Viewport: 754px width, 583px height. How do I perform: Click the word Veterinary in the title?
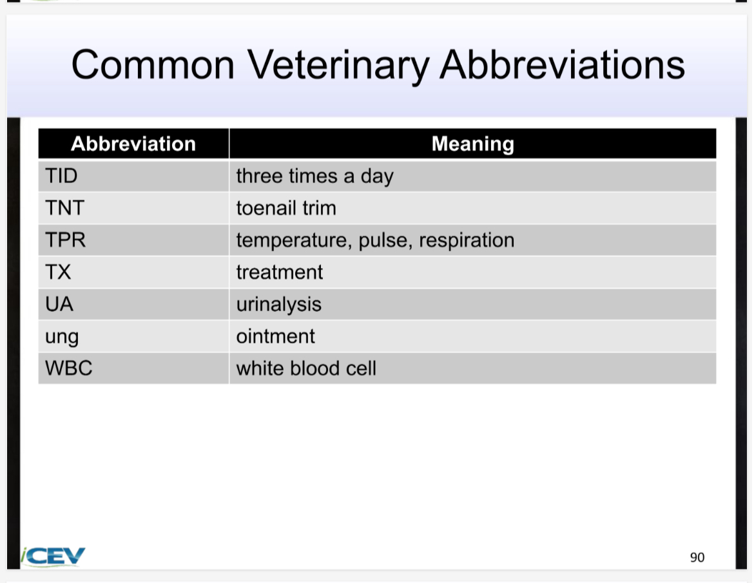tap(338, 66)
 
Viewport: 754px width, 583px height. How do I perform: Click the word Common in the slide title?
tap(153, 66)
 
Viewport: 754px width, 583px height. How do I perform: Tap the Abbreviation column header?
tap(133, 144)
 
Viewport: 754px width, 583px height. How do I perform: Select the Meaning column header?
tap(472, 144)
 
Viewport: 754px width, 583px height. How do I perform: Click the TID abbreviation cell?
tap(61, 176)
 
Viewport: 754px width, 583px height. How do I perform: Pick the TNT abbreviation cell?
tap(64, 208)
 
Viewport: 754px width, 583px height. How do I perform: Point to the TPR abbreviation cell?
tap(65, 240)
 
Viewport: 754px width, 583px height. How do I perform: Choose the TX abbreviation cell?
tap(58, 272)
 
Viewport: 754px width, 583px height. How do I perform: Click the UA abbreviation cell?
tap(59, 304)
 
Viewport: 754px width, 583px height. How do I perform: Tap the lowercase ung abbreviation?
tap(62, 337)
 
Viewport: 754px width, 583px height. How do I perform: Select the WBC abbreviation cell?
tap(69, 368)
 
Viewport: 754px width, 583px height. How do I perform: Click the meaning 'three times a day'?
tap(314, 176)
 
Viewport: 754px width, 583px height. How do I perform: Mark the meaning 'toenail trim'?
tap(286, 208)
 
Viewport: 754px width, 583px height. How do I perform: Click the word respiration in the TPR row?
tap(467, 240)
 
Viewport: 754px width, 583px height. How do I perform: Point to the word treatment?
tap(279, 272)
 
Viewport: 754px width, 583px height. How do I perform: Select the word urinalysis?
tap(278, 304)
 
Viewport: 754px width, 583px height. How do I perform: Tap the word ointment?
tap(275, 336)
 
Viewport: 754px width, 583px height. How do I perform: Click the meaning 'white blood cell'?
tap(306, 368)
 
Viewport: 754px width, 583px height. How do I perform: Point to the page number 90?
tap(697, 557)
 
